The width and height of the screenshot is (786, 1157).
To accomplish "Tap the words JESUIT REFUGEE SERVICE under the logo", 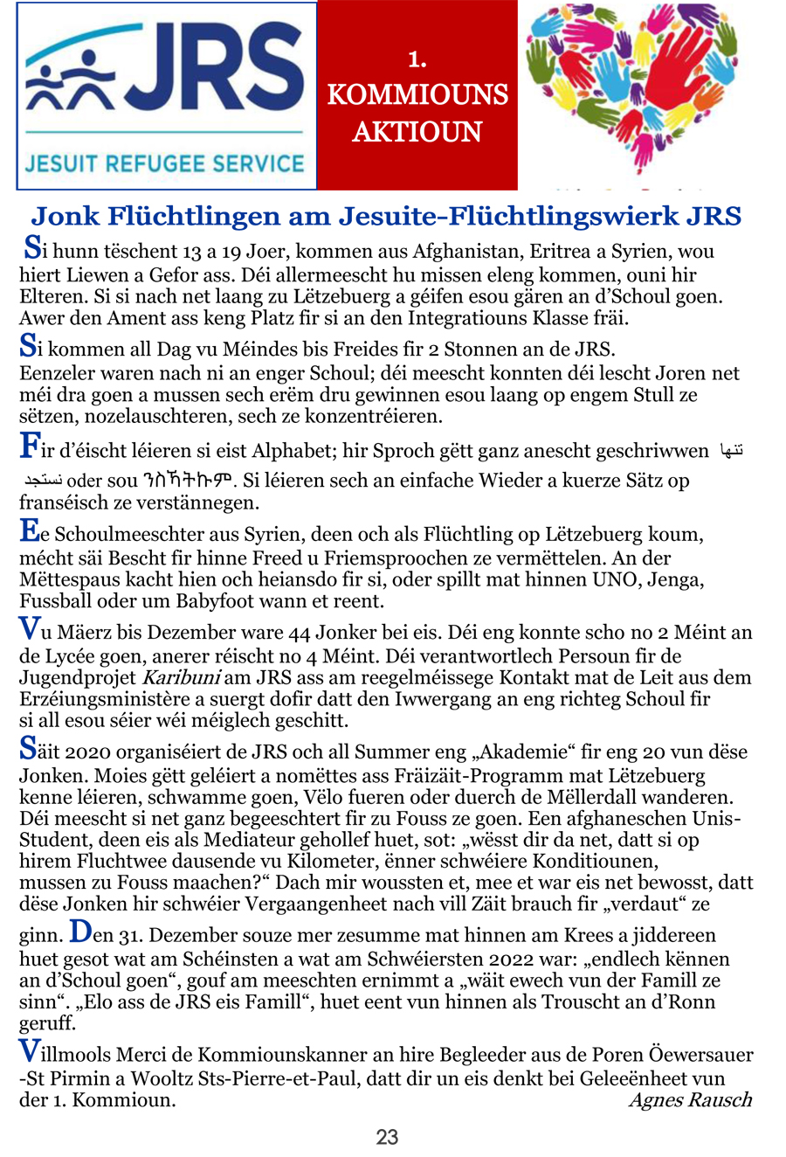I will pyautogui.click(x=165, y=163).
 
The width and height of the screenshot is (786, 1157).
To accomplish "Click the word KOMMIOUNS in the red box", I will pyautogui.click(x=417, y=94).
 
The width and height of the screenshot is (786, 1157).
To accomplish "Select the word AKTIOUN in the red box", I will pyautogui.click(x=417, y=132).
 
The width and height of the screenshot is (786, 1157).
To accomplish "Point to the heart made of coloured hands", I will pyautogui.click(x=631, y=87).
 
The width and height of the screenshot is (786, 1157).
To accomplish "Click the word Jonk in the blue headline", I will pyautogui.click(x=64, y=216).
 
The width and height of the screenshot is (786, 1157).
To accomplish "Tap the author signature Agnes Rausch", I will pyautogui.click(x=690, y=1099).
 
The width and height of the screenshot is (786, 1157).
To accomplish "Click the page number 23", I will pyautogui.click(x=387, y=1137).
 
